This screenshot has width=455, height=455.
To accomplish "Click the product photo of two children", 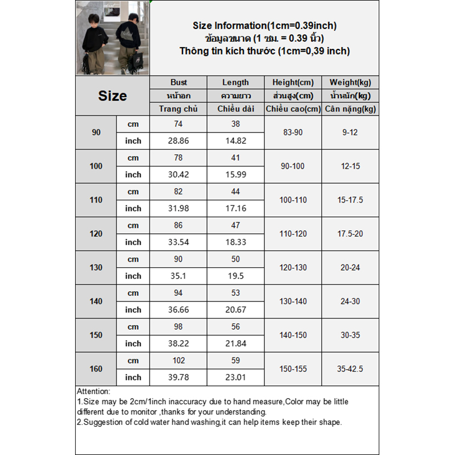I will click(x=112, y=38).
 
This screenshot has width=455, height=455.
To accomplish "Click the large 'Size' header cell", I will click(x=112, y=96).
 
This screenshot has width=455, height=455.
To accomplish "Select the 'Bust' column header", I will click(x=179, y=82).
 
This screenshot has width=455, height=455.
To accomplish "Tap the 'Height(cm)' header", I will click(x=293, y=82).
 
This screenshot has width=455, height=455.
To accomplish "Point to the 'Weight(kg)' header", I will click(x=350, y=82).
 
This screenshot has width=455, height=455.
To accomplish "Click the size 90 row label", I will click(x=96, y=133).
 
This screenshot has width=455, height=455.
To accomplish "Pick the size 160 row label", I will click(x=96, y=369).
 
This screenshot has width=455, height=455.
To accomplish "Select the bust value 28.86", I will click(x=179, y=141).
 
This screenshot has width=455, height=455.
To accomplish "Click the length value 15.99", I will click(x=235, y=175).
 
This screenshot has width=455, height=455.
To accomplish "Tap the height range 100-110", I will click(x=293, y=200).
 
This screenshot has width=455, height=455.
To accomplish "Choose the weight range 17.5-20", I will click(x=350, y=234).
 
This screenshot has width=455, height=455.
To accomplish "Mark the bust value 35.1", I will click(x=179, y=276).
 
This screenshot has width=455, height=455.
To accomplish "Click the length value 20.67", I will click(x=235, y=310).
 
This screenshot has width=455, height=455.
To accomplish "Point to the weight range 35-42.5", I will click(x=350, y=369).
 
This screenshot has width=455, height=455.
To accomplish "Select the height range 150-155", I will click(x=293, y=369).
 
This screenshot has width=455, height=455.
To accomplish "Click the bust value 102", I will click(x=179, y=361).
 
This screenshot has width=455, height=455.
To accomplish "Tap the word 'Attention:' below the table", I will click(x=94, y=392).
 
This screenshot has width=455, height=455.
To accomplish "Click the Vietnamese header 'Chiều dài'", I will click(x=235, y=109).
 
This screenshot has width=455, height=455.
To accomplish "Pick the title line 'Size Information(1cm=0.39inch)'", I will click(x=264, y=26).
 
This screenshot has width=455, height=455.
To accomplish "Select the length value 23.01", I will click(x=235, y=377).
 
